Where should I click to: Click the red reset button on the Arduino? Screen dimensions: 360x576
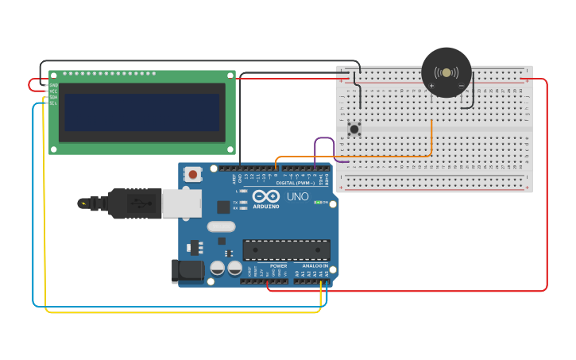(192, 173)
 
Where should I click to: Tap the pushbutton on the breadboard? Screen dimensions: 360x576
(354, 128)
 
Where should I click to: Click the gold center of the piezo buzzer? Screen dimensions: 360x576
(446, 73)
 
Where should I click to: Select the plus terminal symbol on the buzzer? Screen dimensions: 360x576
(432, 85)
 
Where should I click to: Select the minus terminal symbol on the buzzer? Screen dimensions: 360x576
(461, 85)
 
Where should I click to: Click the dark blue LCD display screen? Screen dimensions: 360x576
(141, 112)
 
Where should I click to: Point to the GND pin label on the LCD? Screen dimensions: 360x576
(53, 85)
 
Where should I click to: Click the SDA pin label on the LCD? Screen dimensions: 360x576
(53, 97)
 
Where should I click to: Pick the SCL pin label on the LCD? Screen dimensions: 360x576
(53, 103)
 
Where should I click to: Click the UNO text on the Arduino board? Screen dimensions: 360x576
(298, 196)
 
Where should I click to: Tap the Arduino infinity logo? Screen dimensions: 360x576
(266, 195)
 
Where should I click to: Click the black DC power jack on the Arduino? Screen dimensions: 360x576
(188, 270)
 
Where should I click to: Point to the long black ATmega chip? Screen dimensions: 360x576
(286, 250)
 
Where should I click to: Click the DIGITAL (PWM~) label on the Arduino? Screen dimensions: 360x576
(293, 183)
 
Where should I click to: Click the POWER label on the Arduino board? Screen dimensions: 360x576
(278, 265)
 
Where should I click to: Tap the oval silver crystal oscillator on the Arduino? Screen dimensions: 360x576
(222, 226)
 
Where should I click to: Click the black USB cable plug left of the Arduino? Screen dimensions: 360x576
(135, 203)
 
